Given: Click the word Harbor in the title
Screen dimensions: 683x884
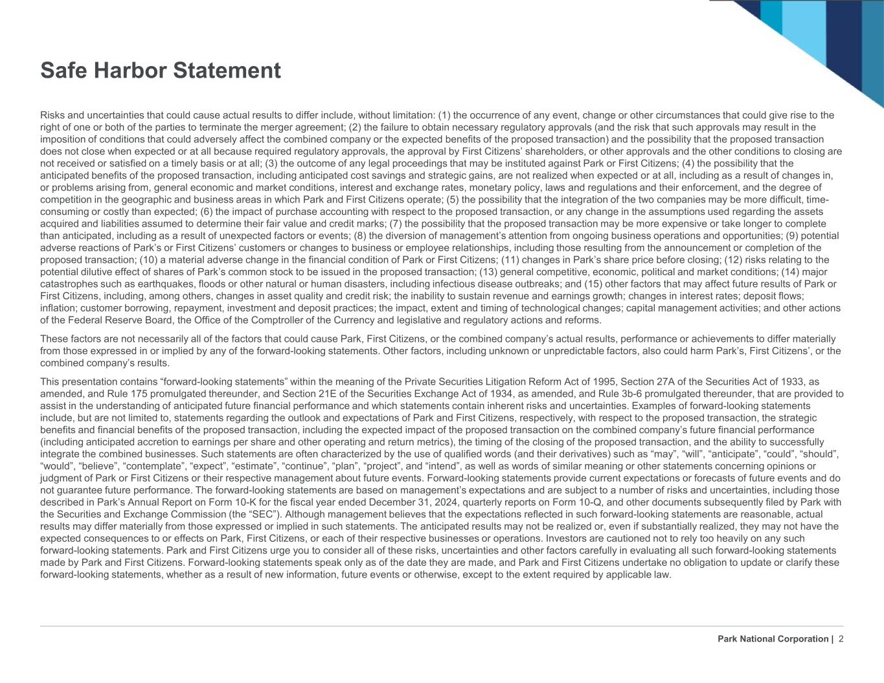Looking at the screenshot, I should [x=133, y=70].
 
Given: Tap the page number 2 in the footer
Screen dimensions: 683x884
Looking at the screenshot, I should [x=841, y=639].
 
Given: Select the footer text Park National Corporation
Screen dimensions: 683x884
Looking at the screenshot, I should [x=773, y=639].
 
